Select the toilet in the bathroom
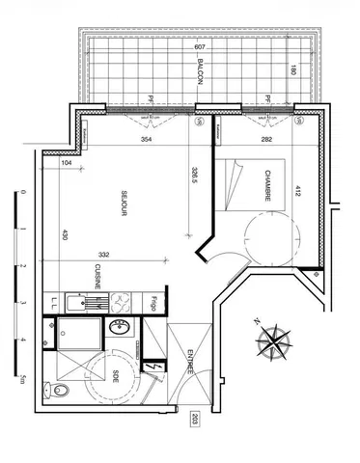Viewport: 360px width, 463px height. (x=60, y=390)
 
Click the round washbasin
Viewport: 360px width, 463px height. (x=120, y=327)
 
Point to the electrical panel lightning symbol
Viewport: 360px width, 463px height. (x=153, y=367)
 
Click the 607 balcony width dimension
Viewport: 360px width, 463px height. (x=200, y=47)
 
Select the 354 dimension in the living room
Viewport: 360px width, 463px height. (x=146, y=139)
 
